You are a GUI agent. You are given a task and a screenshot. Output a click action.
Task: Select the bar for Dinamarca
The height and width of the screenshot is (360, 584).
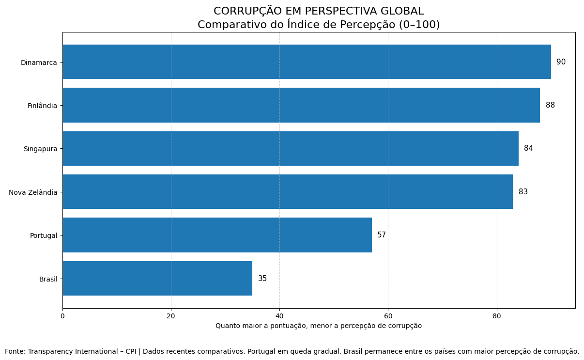tap(307, 62)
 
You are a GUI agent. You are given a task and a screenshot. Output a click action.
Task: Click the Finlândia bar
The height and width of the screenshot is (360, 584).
tap(301, 105)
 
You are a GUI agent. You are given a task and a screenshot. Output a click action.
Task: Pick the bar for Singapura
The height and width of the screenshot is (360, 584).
tap(291, 148)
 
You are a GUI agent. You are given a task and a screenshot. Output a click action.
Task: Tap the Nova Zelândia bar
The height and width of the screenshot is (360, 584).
tap(288, 192)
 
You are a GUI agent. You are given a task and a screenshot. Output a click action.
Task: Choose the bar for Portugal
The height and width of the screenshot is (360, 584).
tap(217, 235)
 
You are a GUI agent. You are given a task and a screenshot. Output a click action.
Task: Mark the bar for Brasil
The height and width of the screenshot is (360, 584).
tap(157, 279)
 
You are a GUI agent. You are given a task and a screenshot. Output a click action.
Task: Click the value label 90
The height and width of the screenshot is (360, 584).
tap(561, 62)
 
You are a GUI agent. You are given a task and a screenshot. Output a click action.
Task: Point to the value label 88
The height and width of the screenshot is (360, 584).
tap(550, 105)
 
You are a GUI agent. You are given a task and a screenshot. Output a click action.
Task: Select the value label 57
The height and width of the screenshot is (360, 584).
tap(382, 235)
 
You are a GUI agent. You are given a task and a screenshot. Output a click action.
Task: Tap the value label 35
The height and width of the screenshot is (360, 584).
tap(262, 279)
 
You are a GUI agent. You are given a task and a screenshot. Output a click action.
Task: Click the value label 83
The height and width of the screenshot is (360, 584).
tap(523, 192)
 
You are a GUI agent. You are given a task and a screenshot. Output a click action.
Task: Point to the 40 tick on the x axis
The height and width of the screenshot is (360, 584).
tap(279, 316)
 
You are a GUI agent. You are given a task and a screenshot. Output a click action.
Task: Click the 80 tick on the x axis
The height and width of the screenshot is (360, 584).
tap(497, 316)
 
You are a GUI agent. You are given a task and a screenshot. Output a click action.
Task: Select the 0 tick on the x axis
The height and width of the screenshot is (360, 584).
tap(62, 316)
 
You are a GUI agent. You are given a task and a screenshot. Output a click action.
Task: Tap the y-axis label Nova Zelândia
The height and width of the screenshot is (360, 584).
tap(33, 192)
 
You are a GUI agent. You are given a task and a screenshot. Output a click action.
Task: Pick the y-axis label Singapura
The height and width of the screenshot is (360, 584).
tap(40, 149)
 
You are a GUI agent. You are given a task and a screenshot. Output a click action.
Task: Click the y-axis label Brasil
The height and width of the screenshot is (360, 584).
tap(48, 279)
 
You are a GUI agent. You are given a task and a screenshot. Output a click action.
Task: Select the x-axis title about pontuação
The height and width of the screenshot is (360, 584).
tap(319, 326)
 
